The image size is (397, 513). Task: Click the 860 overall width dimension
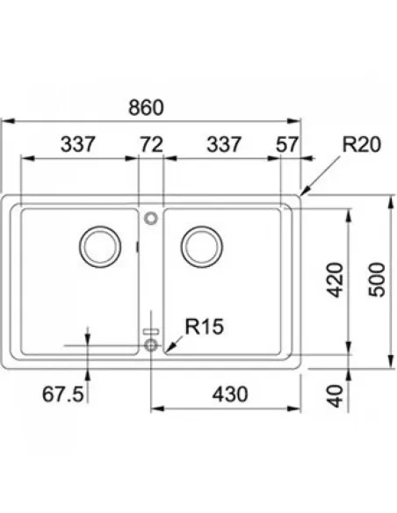(146, 108)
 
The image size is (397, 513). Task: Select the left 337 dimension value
(78, 144)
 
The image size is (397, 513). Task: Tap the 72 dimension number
(151, 144)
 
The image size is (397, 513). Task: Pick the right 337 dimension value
(224, 144)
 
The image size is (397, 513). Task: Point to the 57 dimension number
(287, 144)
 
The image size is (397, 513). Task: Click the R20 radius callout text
(361, 144)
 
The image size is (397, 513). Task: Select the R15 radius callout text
(205, 326)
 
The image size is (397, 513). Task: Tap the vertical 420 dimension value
(336, 280)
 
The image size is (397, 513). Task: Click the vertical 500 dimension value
(377, 280)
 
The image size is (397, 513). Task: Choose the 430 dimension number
(230, 394)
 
